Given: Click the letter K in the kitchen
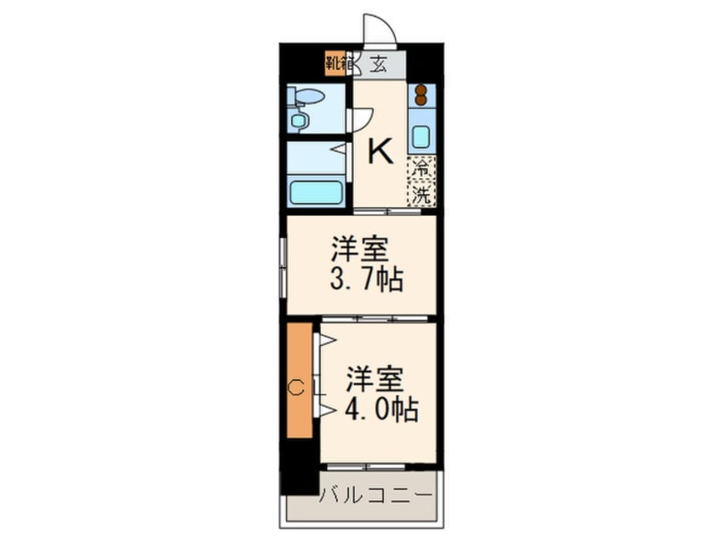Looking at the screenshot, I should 380,153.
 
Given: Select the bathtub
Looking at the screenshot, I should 315,190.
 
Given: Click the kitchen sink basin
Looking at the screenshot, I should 420,136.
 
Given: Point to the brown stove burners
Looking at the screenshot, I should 420,95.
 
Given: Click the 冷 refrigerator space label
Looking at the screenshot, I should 420,167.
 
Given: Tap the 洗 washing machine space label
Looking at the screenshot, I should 420,195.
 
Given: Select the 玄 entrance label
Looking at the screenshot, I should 376,63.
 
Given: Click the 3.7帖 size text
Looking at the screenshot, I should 368,278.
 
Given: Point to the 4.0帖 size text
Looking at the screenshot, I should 380,411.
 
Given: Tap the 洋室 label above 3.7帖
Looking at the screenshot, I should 361,250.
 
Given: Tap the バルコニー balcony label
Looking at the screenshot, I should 375,494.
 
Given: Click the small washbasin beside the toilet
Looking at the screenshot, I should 298,121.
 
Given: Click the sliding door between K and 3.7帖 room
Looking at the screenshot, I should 388,211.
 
